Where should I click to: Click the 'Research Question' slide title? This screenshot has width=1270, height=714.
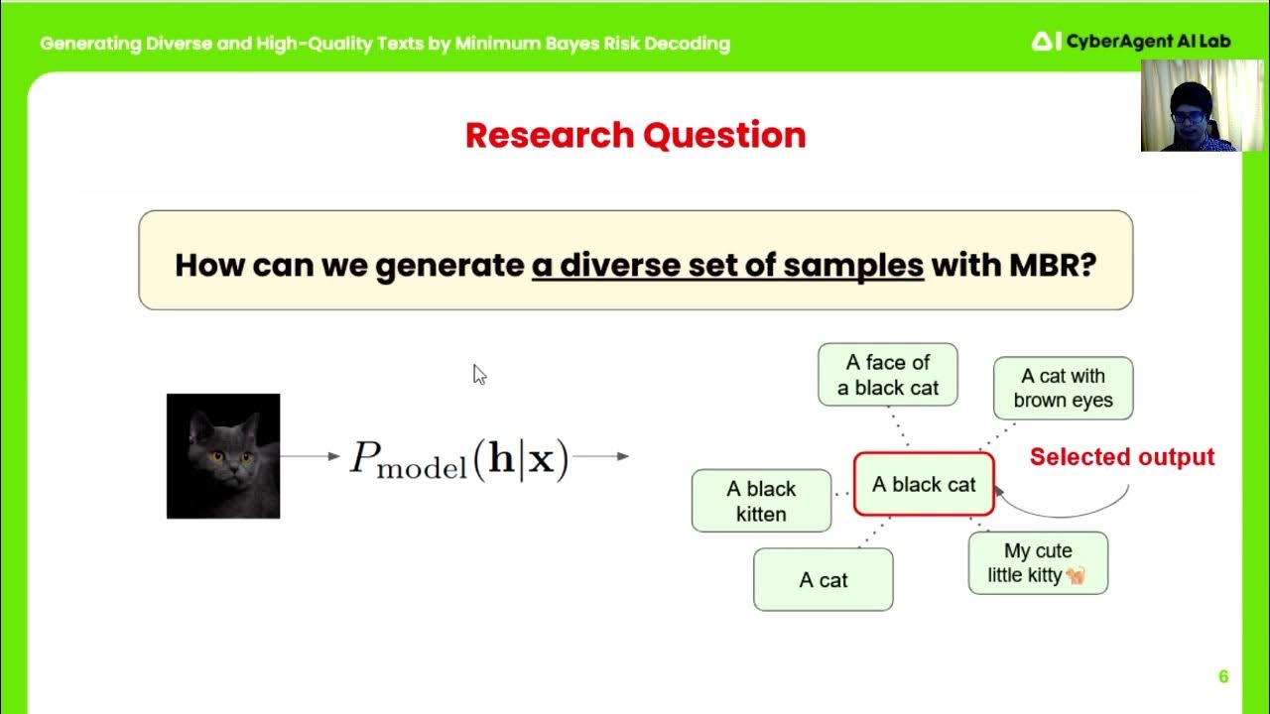click(x=635, y=135)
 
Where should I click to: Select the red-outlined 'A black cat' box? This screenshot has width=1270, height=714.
click(x=924, y=485)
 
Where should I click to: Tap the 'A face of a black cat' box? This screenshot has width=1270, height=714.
click(x=887, y=375)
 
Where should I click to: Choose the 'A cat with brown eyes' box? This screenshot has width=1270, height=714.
click(x=1063, y=388)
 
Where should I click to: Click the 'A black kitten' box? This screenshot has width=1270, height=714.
click(x=761, y=501)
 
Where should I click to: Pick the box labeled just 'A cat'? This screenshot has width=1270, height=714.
click(x=823, y=580)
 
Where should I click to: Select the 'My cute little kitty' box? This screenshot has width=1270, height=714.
click(x=1038, y=563)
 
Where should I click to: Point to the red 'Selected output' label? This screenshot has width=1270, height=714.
click(x=1121, y=457)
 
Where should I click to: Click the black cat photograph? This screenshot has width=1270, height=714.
click(x=223, y=456)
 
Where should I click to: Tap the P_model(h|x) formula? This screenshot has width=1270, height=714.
click(x=459, y=458)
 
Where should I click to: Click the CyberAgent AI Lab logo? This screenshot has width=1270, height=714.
click(x=1116, y=42)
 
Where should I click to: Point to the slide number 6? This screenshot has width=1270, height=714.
click(x=1223, y=676)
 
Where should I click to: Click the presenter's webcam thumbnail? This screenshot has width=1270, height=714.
click(x=1190, y=105)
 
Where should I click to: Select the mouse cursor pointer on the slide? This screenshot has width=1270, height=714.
click(x=478, y=373)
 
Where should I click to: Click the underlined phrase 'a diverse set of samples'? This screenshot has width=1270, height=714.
click(x=727, y=265)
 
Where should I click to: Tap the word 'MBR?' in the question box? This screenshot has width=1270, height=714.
click(x=1052, y=265)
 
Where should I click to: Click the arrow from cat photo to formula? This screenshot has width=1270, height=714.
click(x=310, y=456)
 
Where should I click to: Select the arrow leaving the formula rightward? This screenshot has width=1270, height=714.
click(x=601, y=456)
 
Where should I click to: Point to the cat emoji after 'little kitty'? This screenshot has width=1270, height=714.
click(x=1076, y=575)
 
